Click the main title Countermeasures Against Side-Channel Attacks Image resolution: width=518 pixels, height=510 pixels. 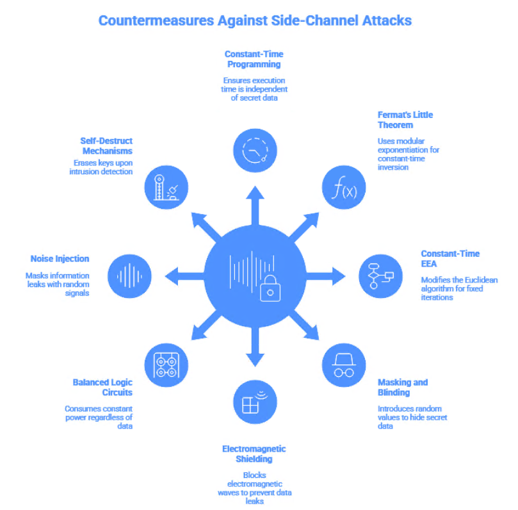[x=255, y=21]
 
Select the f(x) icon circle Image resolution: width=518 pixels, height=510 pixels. [x=343, y=187]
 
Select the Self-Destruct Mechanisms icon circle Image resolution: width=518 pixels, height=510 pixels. [x=166, y=187]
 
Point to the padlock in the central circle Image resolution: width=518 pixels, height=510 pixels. [x=271, y=290]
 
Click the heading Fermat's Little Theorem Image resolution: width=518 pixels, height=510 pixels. [x=405, y=120]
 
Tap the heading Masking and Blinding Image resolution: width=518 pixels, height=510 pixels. [x=403, y=388]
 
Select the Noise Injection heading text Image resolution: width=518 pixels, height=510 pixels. [x=60, y=259]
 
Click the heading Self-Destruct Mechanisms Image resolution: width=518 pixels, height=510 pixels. [x=107, y=145]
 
